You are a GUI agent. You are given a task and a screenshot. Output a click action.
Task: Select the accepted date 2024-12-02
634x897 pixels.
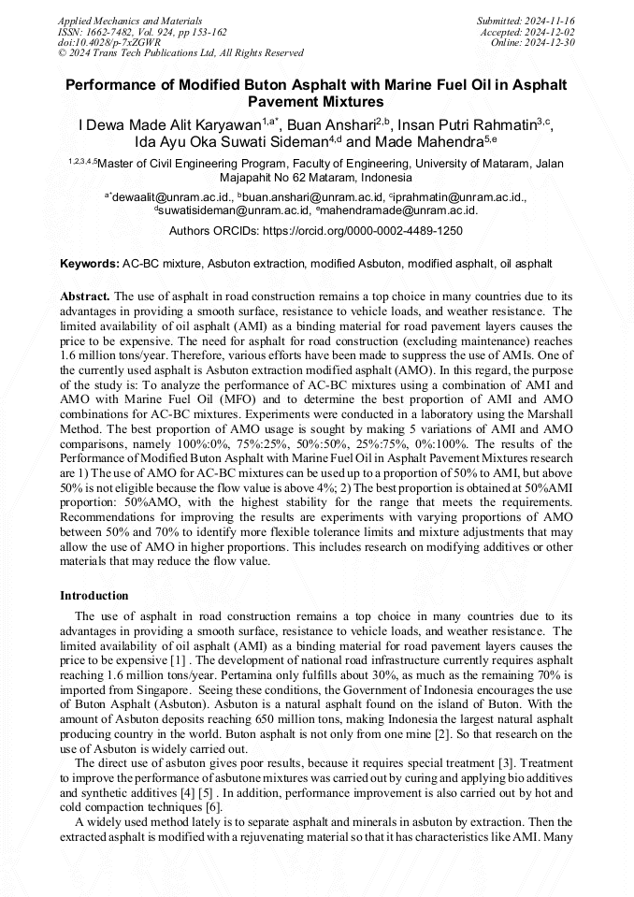549,31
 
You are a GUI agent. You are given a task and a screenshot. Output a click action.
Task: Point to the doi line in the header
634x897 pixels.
109,42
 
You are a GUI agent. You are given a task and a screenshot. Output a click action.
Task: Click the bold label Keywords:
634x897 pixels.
90,265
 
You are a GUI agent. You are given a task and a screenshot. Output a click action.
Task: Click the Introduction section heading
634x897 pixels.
94,596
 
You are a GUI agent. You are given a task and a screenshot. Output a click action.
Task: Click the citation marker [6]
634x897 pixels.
213,807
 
